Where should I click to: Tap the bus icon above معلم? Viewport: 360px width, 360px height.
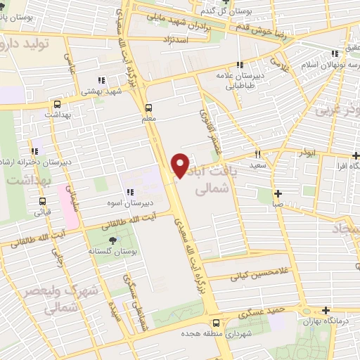(x=148, y=108)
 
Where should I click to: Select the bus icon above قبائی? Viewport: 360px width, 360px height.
(x=42, y=200)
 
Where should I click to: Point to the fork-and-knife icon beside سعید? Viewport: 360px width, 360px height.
(x=258, y=154)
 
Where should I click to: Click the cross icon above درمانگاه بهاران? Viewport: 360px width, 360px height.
(x=326, y=310)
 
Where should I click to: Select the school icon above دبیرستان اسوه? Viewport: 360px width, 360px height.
(x=130, y=192)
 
